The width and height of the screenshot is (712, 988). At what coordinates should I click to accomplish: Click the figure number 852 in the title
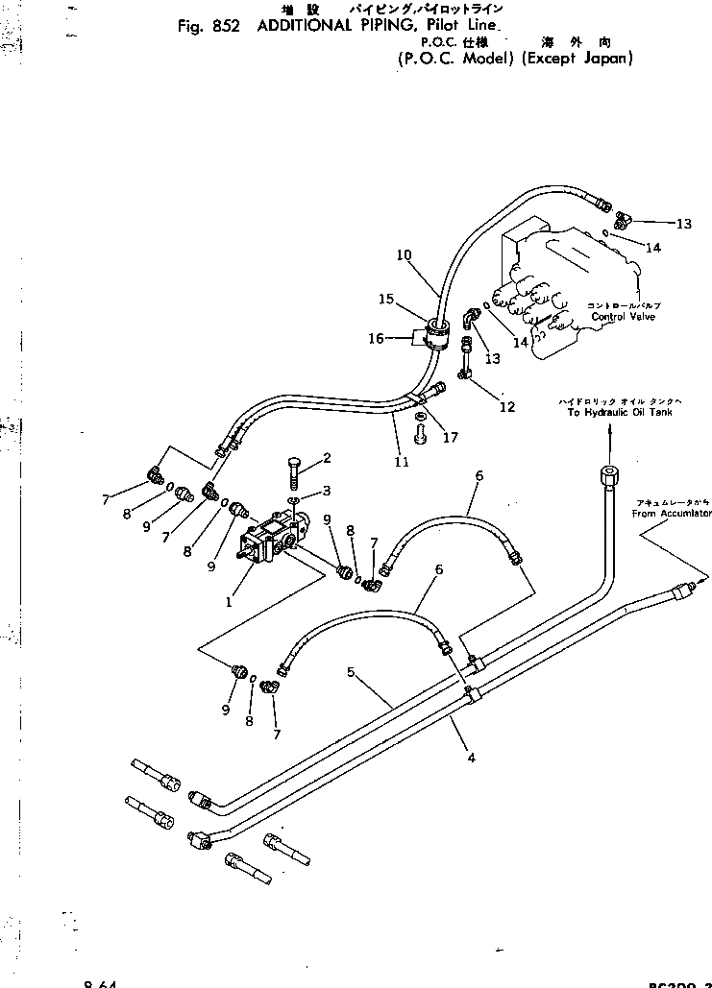[x=227, y=26]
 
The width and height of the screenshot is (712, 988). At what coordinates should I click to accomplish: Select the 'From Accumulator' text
[x=672, y=514]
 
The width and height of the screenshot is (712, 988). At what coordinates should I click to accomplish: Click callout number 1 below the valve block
[x=229, y=603]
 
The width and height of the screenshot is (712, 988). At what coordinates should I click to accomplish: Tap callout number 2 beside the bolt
[x=328, y=458]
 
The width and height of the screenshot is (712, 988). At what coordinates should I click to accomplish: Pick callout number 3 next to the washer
[x=327, y=491]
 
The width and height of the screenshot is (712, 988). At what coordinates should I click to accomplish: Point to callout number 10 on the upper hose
[x=404, y=255]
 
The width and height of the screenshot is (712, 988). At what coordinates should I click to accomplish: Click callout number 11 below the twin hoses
[x=401, y=462]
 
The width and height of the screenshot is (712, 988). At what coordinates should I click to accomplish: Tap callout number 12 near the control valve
[x=507, y=407]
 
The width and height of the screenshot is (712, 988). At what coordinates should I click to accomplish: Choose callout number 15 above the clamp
[x=385, y=300]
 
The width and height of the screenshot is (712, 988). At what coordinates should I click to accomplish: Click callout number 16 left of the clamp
[x=378, y=338]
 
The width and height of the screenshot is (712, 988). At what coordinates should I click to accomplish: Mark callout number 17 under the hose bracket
[x=451, y=438]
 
